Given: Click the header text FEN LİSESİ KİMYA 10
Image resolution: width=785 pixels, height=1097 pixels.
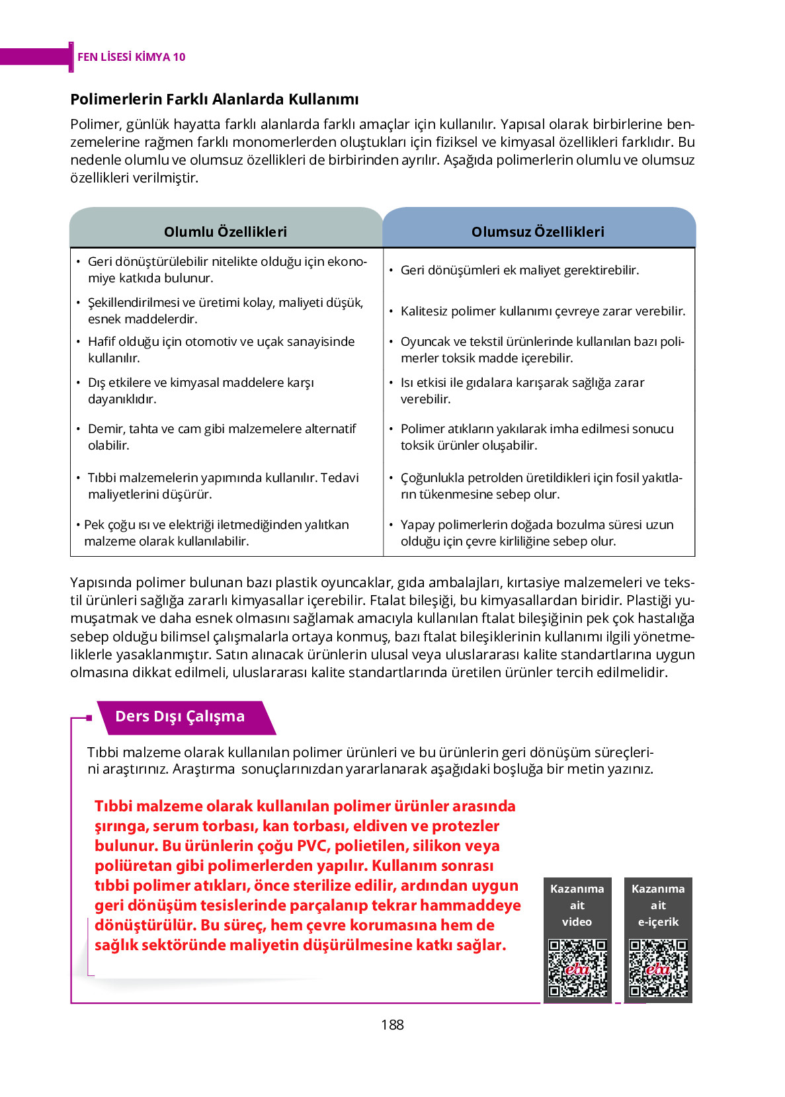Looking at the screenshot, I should click(x=131, y=57).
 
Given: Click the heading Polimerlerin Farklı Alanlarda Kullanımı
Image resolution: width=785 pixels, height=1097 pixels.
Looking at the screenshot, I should click(x=214, y=99).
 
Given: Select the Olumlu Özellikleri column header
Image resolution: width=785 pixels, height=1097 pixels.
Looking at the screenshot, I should click(x=226, y=231).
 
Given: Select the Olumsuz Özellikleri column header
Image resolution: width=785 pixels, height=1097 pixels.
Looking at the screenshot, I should click(x=538, y=231).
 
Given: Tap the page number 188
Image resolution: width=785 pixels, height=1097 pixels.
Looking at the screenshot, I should click(x=392, y=1024).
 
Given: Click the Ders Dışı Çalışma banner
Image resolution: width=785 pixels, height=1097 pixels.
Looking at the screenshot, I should click(x=180, y=716).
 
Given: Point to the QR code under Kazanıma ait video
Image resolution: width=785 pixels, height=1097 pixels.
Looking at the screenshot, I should click(x=577, y=967).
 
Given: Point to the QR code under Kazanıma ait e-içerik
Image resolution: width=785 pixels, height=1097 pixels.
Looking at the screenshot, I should click(x=658, y=967).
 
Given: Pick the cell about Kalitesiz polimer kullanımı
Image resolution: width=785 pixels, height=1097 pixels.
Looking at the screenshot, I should click(x=542, y=311).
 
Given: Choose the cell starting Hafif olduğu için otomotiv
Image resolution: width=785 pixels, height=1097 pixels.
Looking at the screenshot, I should click(x=221, y=350).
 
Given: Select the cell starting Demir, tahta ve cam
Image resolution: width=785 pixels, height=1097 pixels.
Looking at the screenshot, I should click(x=222, y=437).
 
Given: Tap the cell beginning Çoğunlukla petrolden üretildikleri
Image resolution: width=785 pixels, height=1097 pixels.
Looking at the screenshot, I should click(x=541, y=486).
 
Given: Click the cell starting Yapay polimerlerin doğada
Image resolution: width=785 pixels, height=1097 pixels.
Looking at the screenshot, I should click(x=536, y=533).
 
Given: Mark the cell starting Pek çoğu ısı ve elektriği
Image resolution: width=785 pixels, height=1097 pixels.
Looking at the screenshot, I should click(x=216, y=533).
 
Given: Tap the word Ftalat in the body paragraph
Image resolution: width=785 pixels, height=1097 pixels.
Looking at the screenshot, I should click(x=388, y=600).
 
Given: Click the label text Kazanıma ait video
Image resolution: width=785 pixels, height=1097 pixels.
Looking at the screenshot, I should click(x=577, y=905).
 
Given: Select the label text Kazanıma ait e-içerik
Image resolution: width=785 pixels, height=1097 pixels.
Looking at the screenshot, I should click(x=658, y=905).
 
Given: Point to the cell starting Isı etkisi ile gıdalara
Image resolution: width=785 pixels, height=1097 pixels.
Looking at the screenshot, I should click(x=522, y=391).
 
